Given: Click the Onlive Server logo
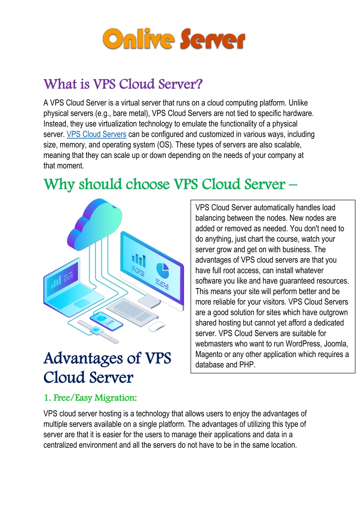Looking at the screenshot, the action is pos(174,39).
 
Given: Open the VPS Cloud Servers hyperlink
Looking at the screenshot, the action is pos(96,134).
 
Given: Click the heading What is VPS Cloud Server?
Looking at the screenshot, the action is pos(123,84).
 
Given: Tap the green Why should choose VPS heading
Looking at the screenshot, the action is pos(170,184).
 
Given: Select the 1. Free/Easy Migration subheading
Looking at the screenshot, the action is pos(90,397).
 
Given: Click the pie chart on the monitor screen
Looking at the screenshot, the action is pos(163,271).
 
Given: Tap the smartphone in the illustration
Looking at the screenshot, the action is pos(106,321).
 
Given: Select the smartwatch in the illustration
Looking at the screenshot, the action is pos(98,331).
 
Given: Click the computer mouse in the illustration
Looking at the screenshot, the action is pos(157,326).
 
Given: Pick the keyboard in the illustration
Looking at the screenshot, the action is pos(132,312).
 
